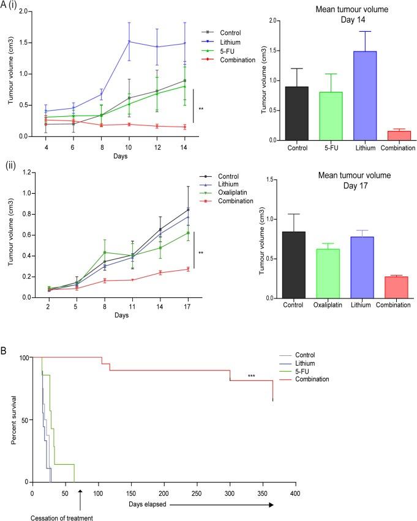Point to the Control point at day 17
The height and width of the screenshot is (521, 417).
(x=188, y=209)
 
